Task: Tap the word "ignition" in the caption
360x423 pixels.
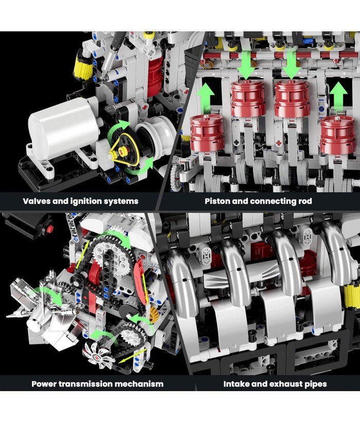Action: (x=87, y=202)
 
